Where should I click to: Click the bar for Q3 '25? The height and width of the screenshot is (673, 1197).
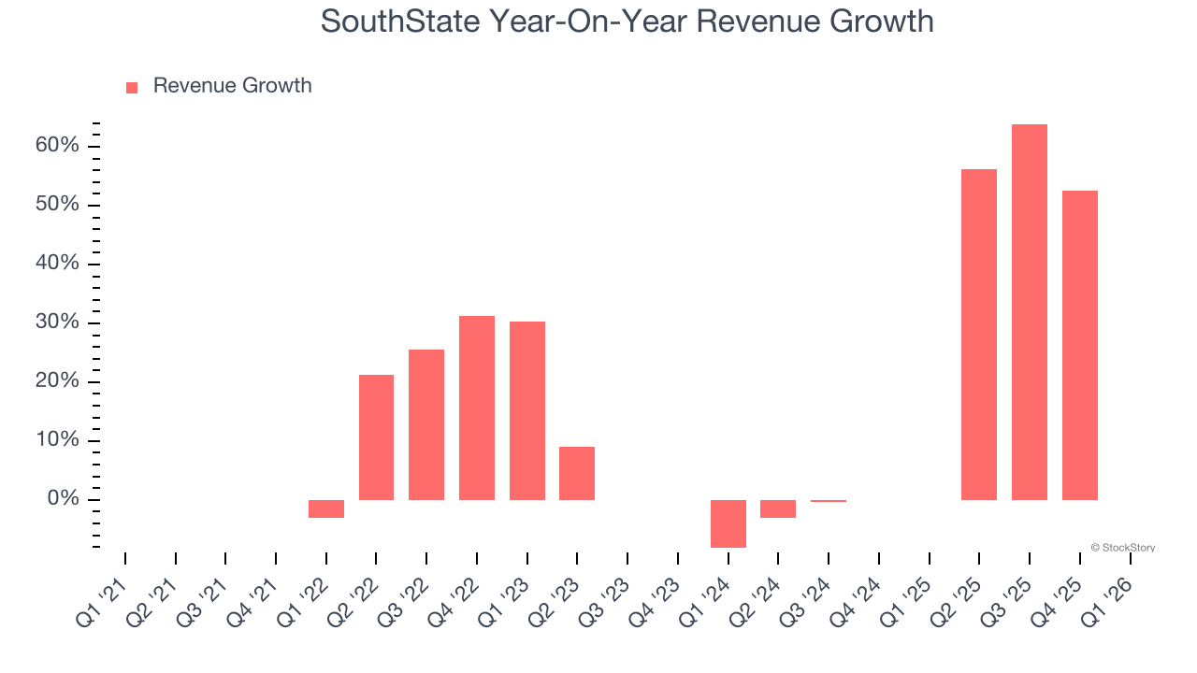pyautogui.click(x=1029, y=312)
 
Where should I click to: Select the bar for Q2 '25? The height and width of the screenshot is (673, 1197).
pyautogui.click(x=978, y=335)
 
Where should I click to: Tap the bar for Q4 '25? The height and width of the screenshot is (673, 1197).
pyautogui.click(x=1079, y=345)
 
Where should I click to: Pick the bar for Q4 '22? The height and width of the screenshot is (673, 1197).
pyautogui.click(x=476, y=408)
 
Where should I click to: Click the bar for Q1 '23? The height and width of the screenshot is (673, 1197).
pyautogui.click(x=526, y=410)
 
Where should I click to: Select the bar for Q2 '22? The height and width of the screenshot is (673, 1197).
pyautogui.click(x=376, y=437)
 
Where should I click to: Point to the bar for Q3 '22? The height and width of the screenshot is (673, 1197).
pyautogui.click(x=426, y=424)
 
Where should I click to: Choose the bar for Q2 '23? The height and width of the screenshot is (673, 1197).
pyautogui.click(x=577, y=473)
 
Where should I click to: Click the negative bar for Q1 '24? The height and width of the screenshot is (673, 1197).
pyautogui.click(x=728, y=523)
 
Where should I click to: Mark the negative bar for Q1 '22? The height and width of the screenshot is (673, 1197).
pyautogui.click(x=326, y=508)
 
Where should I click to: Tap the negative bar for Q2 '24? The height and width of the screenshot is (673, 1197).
pyautogui.click(x=778, y=508)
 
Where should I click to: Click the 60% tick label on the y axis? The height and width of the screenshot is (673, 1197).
pyautogui.click(x=57, y=146)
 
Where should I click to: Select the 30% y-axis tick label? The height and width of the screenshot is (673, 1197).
pyautogui.click(x=57, y=322)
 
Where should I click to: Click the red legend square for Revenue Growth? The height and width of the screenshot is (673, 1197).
pyautogui.click(x=132, y=87)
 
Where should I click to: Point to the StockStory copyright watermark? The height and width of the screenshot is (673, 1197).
pyautogui.click(x=1122, y=548)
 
